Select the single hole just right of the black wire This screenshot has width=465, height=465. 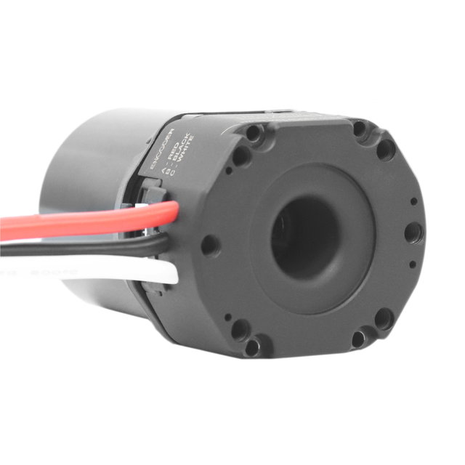pos(209,245)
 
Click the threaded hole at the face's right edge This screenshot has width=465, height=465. pos(412,232)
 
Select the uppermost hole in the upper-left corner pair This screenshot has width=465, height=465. pos(254,134)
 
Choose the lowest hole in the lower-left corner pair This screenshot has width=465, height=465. pos(254,347)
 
